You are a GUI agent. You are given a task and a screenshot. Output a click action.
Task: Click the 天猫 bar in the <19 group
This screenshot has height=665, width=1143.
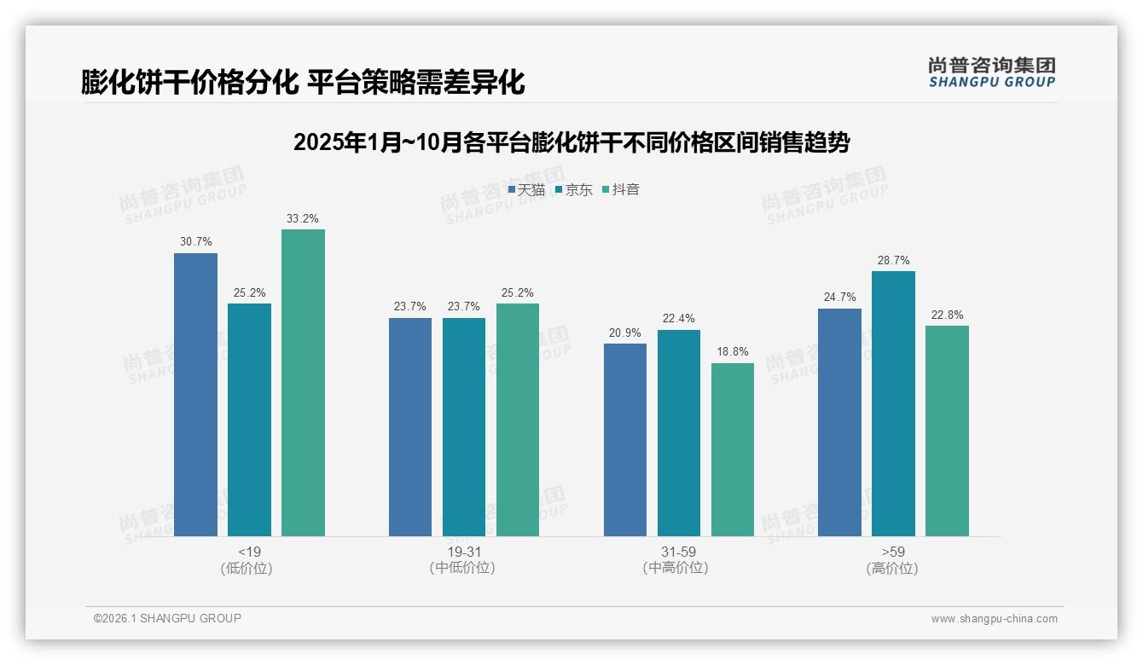click(x=195, y=394)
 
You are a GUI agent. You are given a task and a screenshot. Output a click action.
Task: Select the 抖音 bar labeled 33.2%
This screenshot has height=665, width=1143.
click(x=303, y=382)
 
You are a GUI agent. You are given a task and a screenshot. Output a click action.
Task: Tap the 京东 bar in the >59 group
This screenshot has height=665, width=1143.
click(x=893, y=403)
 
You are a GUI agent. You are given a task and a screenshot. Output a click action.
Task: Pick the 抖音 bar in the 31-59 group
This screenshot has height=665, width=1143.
click(x=733, y=449)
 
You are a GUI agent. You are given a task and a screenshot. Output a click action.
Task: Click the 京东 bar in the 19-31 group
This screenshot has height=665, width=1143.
click(x=464, y=426)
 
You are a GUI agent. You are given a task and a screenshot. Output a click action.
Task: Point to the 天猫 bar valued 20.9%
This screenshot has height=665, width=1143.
click(x=625, y=439)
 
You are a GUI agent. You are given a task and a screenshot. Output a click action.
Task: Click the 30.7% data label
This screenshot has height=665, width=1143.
click(x=195, y=242)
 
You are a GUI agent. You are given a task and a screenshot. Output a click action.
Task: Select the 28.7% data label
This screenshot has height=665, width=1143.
click(x=893, y=260)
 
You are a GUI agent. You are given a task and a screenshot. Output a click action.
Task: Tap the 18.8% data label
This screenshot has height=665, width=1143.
click(x=733, y=351)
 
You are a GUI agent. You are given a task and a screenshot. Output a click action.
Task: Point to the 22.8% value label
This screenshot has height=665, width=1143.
click(x=947, y=315)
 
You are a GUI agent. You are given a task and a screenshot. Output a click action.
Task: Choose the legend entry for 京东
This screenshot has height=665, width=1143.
click(x=573, y=190)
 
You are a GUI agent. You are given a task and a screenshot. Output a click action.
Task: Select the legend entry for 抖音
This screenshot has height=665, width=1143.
click(x=621, y=190)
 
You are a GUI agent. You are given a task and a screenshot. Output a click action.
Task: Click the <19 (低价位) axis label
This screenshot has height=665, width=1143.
click(x=249, y=559)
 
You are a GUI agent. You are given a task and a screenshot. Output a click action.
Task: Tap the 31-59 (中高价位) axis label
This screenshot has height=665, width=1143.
click(x=678, y=559)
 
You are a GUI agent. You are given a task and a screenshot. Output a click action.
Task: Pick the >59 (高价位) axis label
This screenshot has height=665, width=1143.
click(x=893, y=559)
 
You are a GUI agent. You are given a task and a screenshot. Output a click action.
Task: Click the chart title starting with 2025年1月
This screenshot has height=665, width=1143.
click(x=571, y=142)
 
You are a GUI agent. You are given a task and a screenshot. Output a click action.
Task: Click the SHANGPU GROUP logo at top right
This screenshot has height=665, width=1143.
click(x=991, y=72)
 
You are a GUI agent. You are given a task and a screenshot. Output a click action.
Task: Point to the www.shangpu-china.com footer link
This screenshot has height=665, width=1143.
click(x=994, y=619)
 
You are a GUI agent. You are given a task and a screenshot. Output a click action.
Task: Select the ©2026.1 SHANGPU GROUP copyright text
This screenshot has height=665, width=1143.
click(x=167, y=618)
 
